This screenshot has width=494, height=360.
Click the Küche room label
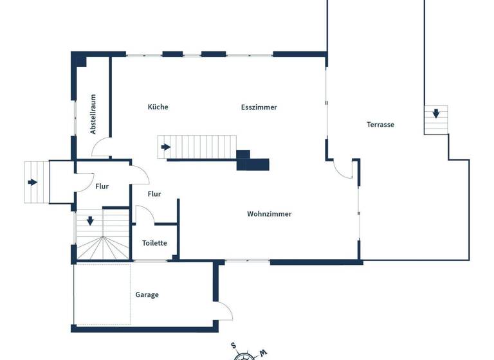[x=158, y=107]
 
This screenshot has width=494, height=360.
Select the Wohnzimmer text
[x=269, y=214]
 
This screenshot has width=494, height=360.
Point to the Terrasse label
[x=380, y=125]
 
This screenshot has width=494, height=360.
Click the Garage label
[x=147, y=295]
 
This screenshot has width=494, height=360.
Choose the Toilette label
[x=154, y=243]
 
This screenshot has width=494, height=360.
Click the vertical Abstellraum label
[x=93, y=114]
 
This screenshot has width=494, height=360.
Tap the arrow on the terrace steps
[x=436, y=114]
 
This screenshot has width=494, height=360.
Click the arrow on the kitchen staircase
[x=166, y=147]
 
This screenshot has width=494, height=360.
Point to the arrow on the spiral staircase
[x=90, y=221]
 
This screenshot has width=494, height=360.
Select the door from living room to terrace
[x=342, y=170]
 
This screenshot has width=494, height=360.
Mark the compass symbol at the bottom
[x=244, y=354]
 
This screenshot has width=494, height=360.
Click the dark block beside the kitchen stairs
[x=252, y=161]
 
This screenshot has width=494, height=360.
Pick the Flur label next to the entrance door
[x=102, y=186]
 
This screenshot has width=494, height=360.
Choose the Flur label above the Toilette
[x=154, y=194]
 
